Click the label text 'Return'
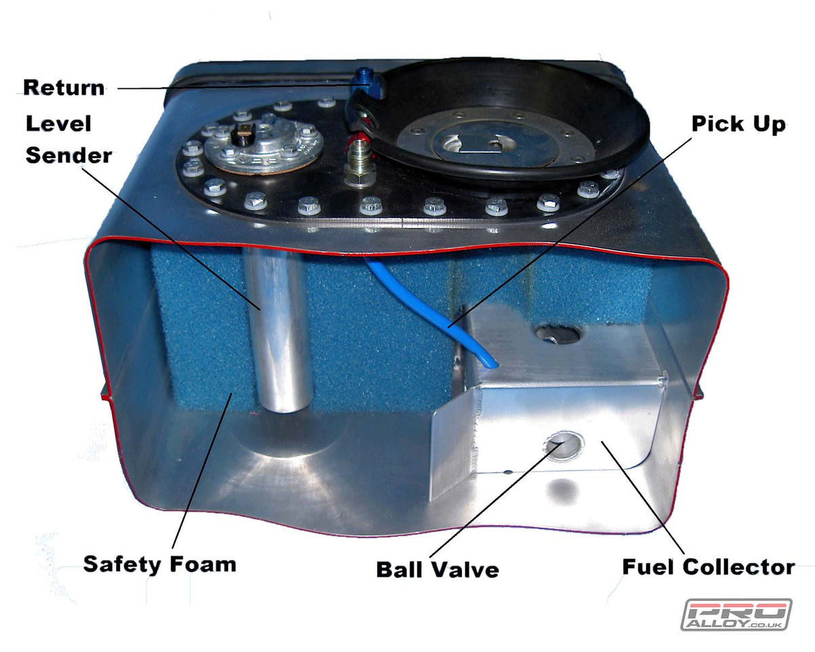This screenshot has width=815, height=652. pyautogui.click(x=64, y=88)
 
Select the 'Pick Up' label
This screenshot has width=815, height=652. pyautogui.click(x=738, y=124)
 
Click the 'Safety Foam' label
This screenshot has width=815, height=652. pyautogui.click(x=159, y=564)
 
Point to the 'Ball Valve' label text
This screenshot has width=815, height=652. pyautogui.click(x=437, y=569)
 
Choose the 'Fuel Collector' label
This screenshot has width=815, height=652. pyautogui.click(x=708, y=566)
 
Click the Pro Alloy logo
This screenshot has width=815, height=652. pyautogui.click(x=736, y=614)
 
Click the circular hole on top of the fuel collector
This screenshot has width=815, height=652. pyautogui.click(x=556, y=333)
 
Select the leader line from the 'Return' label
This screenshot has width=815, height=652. pyautogui.click(x=231, y=88)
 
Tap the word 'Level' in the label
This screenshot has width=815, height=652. pyautogui.click(x=58, y=124)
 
